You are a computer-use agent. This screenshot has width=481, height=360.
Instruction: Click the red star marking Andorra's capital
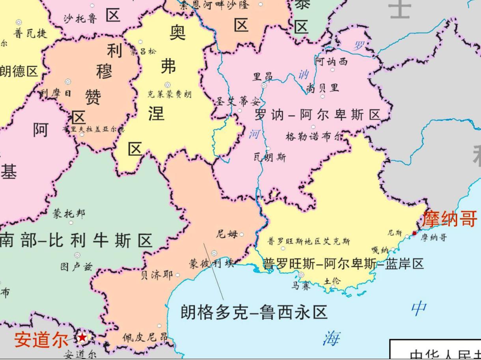(82, 338)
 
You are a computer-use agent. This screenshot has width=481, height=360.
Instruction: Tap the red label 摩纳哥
(449, 219)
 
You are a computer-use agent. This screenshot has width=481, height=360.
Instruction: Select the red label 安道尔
(40, 340)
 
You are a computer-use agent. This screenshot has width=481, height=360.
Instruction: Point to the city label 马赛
(301, 285)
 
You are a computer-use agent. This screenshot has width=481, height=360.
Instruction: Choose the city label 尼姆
(227, 234)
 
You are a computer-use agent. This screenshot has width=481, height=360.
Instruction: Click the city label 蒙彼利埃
(211, 264)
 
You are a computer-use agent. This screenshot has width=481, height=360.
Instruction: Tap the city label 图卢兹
(76, 267)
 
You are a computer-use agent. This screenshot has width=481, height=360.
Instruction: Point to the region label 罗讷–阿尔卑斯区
(317, 115)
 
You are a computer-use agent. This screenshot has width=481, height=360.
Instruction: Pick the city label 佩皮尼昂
(145, 338)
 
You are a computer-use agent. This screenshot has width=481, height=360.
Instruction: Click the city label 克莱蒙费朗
(170, 94)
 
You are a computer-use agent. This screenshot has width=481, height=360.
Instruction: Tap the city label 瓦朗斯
(270, 157)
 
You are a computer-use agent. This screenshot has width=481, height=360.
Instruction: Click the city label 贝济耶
(157, 275)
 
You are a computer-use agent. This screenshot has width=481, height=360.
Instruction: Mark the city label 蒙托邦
(69, 214)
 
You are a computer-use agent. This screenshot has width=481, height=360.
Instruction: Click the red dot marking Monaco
(414, 233)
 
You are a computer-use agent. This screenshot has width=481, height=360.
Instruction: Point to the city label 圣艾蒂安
(238, 101)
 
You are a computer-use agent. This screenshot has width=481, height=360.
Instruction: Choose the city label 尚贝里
(323, 88)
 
